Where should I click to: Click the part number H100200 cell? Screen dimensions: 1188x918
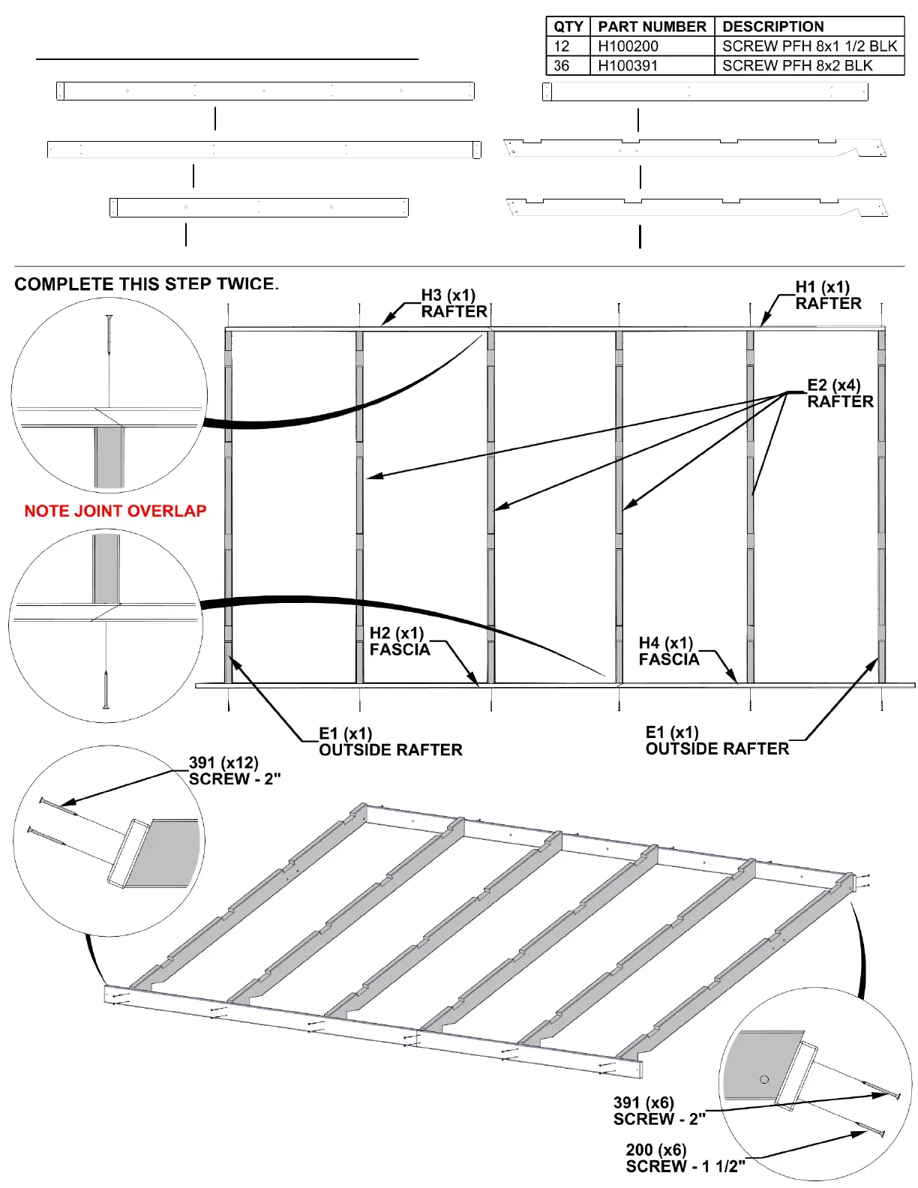[628, 46]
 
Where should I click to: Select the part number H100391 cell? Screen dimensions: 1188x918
[628, 66]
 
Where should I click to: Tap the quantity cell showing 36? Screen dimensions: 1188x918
[562, 66]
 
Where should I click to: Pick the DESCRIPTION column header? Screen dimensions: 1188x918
[772, 27]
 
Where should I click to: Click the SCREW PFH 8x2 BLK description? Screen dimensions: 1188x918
[797, 66]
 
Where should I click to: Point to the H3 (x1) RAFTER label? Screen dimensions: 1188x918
[454, 304]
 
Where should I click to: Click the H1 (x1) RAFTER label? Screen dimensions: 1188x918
[828, 295]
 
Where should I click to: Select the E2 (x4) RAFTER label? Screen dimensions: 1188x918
[840, 394]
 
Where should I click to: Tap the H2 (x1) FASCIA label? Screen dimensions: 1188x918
[399, 642]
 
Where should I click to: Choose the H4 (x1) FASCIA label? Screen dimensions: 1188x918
[668, 652]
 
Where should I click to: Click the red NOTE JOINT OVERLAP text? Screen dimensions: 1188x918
[115, 511]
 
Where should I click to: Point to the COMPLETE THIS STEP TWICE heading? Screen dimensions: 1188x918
[146, 284]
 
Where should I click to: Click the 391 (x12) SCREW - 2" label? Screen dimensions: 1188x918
[234, 771]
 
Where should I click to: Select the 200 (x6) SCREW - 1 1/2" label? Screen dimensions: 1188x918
[685, 1158]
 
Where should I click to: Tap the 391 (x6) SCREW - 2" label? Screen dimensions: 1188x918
[658, 1111]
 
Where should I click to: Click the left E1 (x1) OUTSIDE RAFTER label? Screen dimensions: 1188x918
[390, 742]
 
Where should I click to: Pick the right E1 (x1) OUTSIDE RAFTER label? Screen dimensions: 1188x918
[717, 740]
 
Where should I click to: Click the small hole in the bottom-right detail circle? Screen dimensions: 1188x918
[764, 1079]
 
